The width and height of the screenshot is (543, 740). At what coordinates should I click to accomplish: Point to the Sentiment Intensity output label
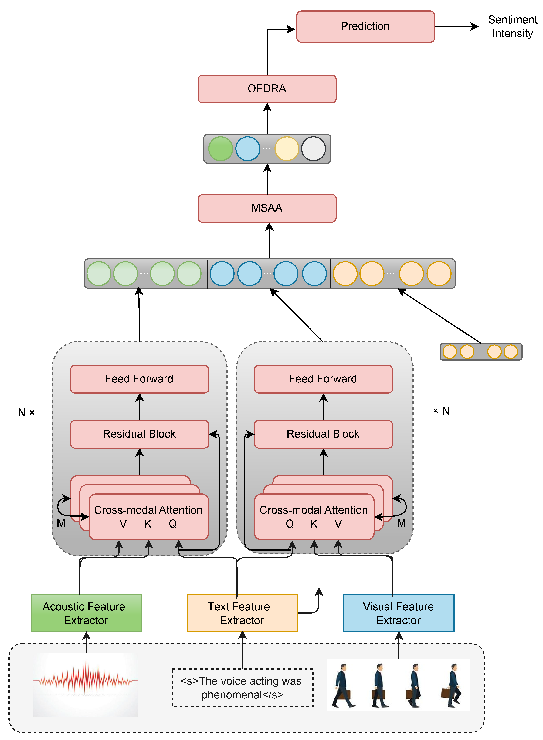[x=512, y=27]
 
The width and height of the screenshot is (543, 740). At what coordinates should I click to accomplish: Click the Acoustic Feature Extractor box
[x=86, y=613]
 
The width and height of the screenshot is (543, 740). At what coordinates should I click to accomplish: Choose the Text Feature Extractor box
[x=243, y=613]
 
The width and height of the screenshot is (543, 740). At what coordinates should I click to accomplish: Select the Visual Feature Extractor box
[x=399, y=613]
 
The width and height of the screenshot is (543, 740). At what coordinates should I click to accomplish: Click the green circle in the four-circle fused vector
[x=221, y=149]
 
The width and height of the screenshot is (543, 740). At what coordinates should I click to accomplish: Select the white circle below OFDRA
[x=314, y=149]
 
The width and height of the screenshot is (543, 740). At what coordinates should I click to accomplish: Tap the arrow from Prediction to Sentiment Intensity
[x=457, y=27]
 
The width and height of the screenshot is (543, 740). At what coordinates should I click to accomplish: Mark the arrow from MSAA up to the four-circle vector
[x=267, y=179]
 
